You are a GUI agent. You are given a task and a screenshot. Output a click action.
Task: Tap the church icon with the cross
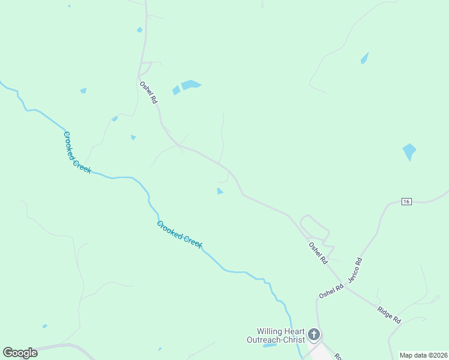coord(313,334)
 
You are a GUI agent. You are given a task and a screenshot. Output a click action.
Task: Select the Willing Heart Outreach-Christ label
coord(280,335)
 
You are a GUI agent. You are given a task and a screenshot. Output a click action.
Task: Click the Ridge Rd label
coord(389,315)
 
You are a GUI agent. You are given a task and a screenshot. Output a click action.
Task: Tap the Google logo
coord(20,353)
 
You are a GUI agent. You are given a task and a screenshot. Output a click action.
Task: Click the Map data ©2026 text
coord(423,355)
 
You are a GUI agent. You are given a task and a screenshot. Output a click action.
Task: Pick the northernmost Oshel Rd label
coord(148,93)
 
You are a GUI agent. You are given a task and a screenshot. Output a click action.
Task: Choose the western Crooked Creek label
coord(77,152)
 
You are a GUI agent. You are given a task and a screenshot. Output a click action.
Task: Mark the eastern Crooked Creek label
coord(179,235)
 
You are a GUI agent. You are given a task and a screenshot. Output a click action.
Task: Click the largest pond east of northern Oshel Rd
coord(191,85)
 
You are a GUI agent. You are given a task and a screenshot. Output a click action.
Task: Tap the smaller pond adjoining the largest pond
coord(176,91)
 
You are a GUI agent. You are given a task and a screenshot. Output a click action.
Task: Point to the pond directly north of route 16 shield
coord(409,151)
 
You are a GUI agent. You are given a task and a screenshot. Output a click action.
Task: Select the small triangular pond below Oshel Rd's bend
coord(220,191)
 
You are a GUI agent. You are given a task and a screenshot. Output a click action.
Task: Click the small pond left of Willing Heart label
coord(270,345)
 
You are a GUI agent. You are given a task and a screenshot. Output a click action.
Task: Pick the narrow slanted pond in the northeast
coord(364,58)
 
